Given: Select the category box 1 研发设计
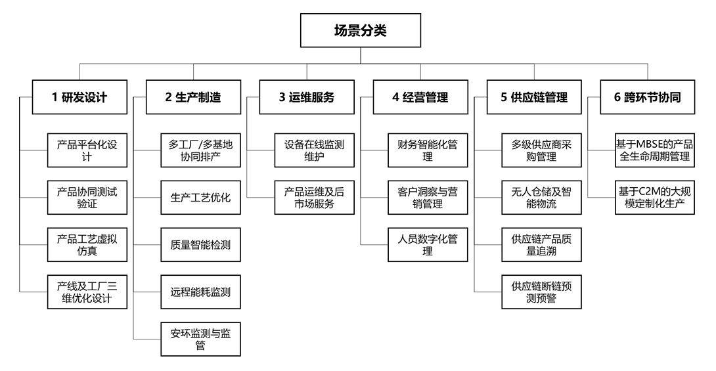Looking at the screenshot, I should click(x=79, y=97).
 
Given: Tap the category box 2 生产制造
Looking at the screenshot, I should click(x=193, y=97).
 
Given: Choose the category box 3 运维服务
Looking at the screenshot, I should click(x=306, y=97).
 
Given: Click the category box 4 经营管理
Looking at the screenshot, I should click(x=420, y=97).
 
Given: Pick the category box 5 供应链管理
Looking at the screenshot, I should click(x=533, y=97).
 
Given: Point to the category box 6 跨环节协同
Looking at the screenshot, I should click(x=647, y=97).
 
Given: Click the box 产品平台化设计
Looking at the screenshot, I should click(x=87, y=150).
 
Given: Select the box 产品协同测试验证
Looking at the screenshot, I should click(x=87, y=198).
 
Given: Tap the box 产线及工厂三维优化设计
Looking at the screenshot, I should click(x=87, y=292).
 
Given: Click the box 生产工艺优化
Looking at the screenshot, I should click(x=200, y=198).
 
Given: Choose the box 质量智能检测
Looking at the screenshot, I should click(x=200, y=245).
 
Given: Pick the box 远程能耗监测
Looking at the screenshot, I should click(x=200, y=292).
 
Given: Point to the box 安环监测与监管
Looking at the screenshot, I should click(x=200, y=339).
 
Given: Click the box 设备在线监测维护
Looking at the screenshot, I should click(x=314, y=150).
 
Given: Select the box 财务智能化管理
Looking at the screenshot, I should click(x=428, y=150).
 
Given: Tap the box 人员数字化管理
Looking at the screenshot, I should click(x=428, y=245).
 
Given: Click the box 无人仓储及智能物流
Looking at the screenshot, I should click(x=541, y=198).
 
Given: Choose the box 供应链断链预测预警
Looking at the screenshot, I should click(x=541, y=292).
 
